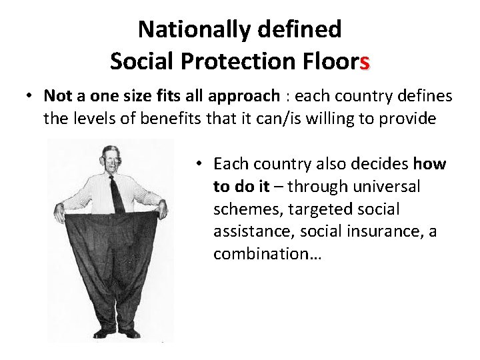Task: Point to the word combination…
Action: [x=267, y=255]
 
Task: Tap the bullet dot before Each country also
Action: [x=199, y=164]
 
